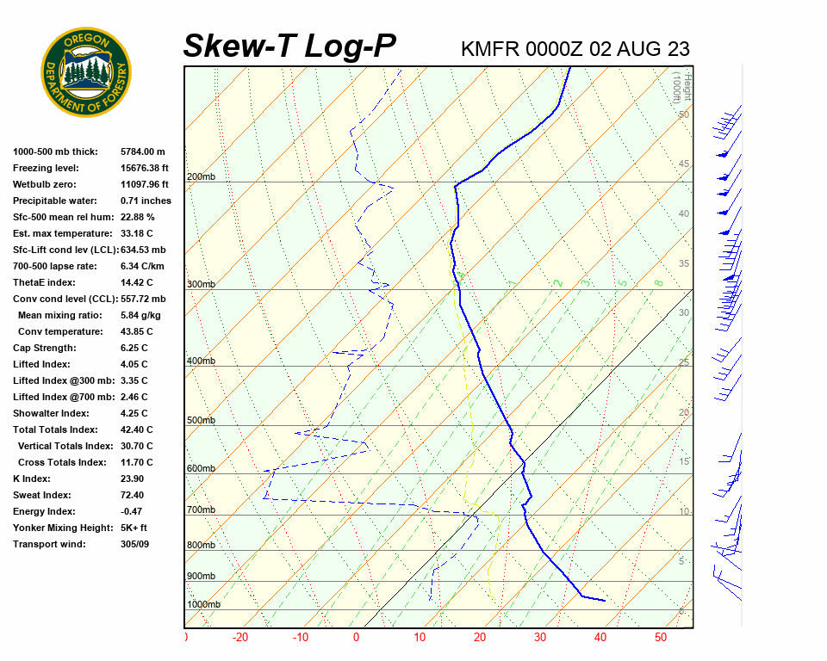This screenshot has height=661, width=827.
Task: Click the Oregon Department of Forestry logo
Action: [x=86, y=72]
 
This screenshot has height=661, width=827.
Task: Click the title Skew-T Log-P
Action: [x=289, y=46]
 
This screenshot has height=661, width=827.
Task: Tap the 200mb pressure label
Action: [x=201, y=177]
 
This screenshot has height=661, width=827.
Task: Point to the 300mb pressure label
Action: [x=201, y=285]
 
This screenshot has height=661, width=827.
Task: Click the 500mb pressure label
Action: [x=201, y=421]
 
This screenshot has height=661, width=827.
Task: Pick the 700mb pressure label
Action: [x=201, y=510]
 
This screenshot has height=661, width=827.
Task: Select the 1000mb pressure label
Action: [x=203, y=605]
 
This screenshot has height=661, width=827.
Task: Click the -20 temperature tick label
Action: [x=240, y=638]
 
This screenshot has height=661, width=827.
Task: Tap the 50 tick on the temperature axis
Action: [x=661, y=638]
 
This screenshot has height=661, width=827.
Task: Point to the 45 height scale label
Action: [x=684, y=164]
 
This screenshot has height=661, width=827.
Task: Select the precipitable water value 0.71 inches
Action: [x=146, y=201]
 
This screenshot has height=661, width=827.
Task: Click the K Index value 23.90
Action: [x=132, y=479]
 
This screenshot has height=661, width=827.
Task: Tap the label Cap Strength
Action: [x=44, y=348]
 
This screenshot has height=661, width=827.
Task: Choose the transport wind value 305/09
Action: [x=134, y=544]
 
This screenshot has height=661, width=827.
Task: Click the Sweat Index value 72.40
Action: [x=132, y=495]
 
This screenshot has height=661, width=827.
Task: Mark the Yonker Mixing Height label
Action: [x=57, y=528]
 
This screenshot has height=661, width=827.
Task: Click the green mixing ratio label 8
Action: [x=657, y=282]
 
